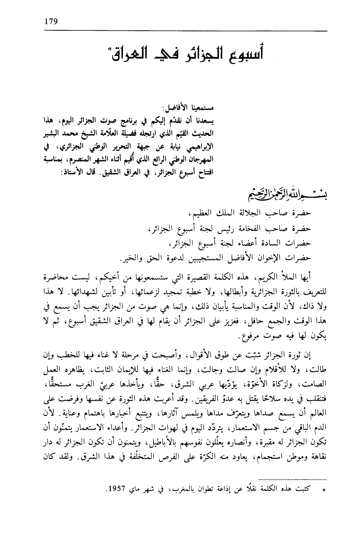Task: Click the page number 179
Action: point(51,21)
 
